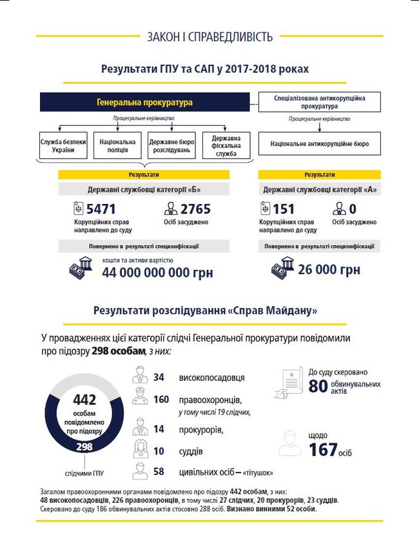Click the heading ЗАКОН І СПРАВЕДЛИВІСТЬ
coord(209,36)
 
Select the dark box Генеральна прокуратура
coord(144,102)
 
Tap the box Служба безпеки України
coord(63,146)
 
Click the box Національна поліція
coord(117,146)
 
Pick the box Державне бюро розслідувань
coord(171,146)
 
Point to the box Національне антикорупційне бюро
coord(320,144)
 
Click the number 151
coord(284,209)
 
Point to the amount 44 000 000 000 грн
coord(157,272)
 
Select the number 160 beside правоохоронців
coord(161,400)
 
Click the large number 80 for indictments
coord(318,387)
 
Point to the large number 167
coord(323,449)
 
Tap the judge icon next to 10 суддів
coord(141,449)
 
